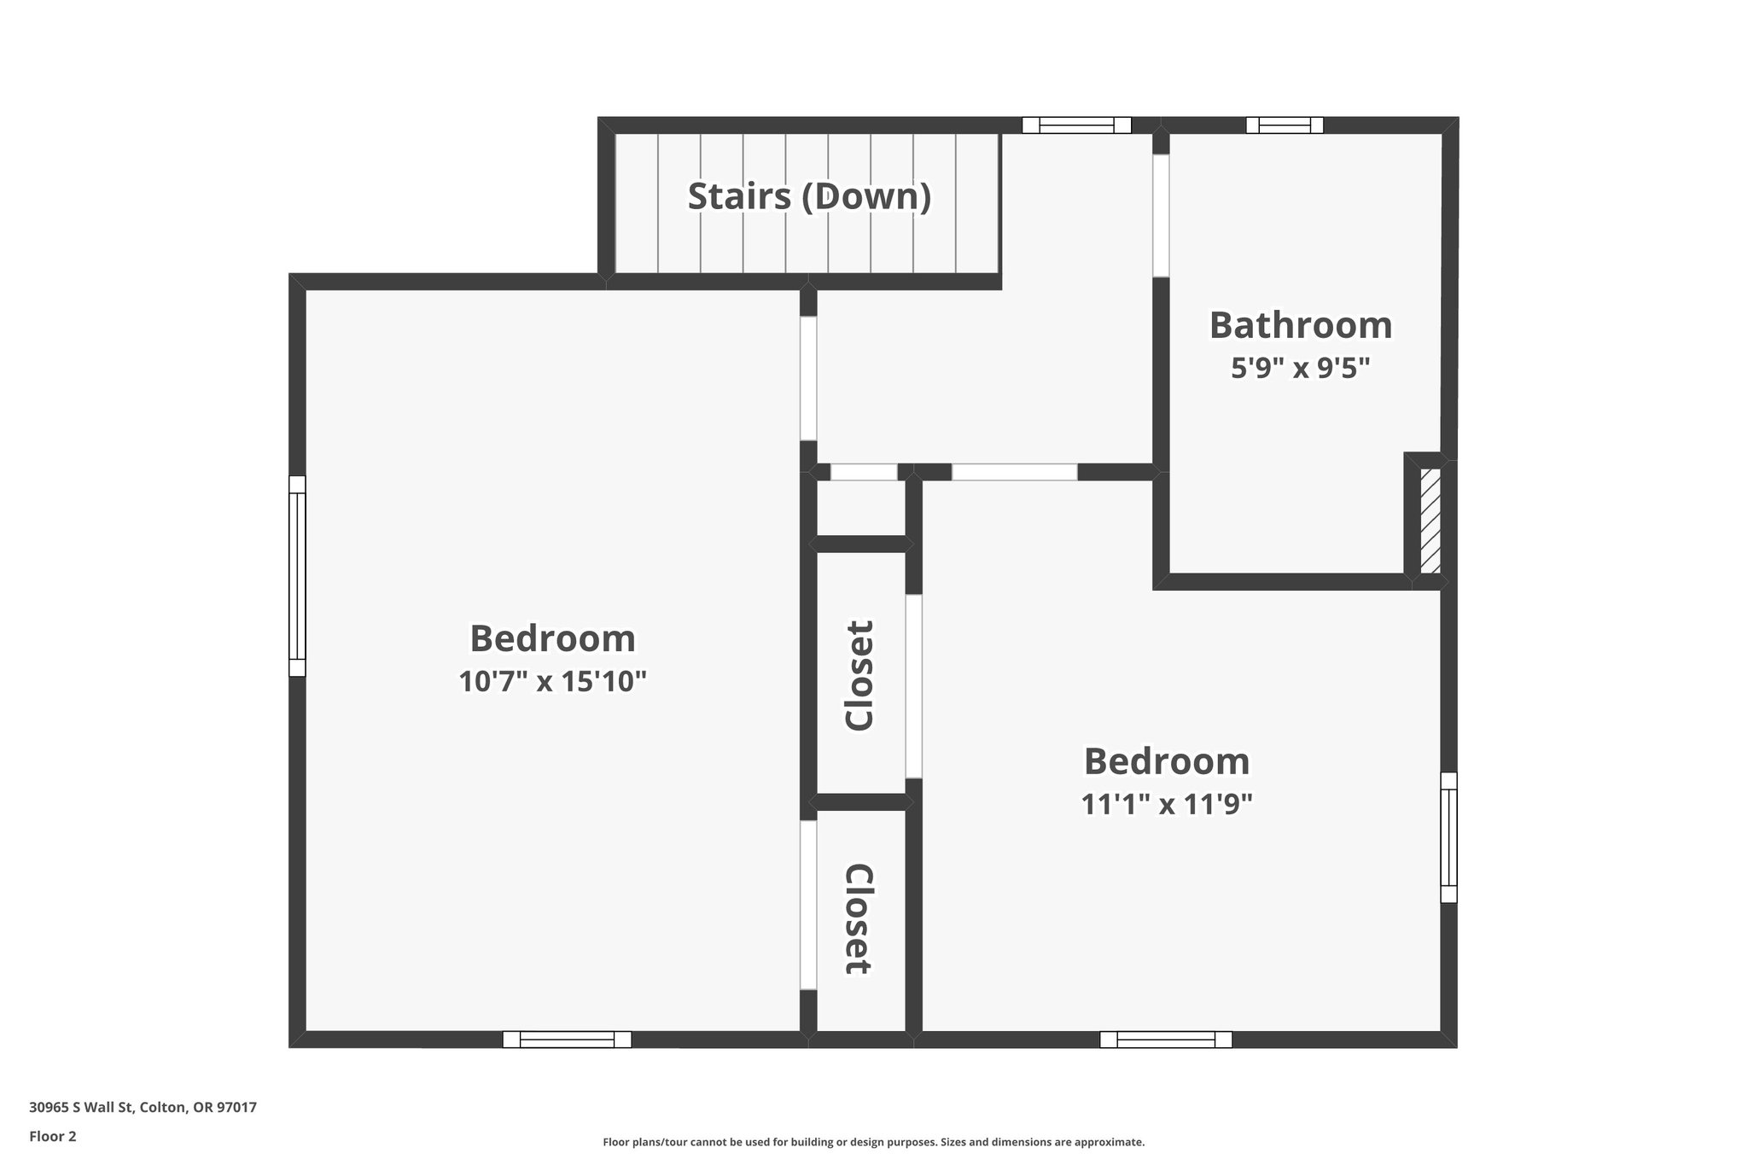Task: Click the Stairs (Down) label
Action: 809,196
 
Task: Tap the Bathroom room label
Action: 1301,325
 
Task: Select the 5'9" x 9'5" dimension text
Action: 1301,369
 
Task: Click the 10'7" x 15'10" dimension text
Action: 553,682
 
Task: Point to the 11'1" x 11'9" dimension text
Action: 1167,804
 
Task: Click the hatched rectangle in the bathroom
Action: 1430,521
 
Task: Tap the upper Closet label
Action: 860,675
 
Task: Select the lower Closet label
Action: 859,919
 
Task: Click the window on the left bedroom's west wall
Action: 297,576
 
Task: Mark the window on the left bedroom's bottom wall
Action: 567,1039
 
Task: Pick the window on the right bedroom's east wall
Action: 1448,837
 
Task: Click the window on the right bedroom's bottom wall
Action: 1166,1039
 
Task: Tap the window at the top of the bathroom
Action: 1285,125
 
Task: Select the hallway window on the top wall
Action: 1076,125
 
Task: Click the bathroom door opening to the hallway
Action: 1161,215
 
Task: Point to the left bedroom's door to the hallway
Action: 808,378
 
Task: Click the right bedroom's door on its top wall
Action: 1014,472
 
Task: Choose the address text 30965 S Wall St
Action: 143,1107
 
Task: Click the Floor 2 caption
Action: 53,1136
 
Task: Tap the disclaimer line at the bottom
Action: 873,1142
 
